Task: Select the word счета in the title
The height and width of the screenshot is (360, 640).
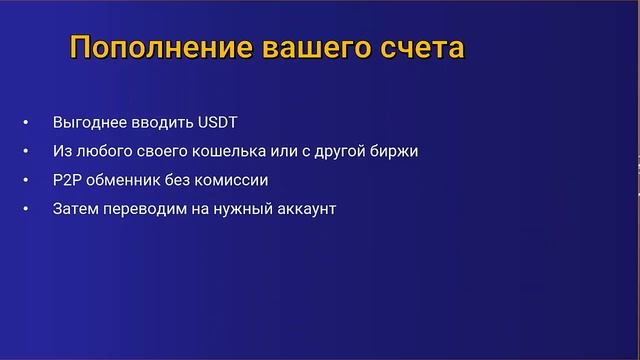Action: pos(420,47)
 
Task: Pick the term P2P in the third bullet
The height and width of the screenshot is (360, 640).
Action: pos(67,181)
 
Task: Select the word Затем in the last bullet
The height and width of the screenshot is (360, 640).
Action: pos(76,210)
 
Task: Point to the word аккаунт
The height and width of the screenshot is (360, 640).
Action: pos(302,210)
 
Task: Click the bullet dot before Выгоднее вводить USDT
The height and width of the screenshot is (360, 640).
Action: pos(25,124)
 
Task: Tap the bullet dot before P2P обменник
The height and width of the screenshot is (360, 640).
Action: pos(25,182)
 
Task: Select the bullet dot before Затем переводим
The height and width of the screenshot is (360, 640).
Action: pos(25,211)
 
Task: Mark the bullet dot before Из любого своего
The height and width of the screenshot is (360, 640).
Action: pos(25,153)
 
